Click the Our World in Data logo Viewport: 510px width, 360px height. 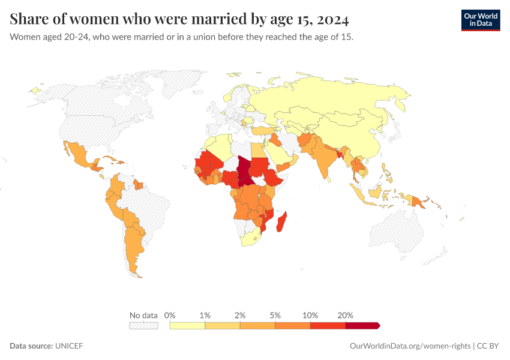480,20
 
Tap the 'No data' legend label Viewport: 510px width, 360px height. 143,315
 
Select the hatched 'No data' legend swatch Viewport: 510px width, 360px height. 143,325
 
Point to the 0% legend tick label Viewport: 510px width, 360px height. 170,315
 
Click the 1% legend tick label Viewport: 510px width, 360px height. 205,315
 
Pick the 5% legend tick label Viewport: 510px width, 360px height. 275,315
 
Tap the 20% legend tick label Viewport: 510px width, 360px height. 346,315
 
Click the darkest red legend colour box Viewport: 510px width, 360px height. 362,325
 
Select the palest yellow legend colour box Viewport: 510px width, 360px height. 187,325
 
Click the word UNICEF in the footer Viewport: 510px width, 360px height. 69,346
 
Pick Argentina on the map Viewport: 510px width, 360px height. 133,246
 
